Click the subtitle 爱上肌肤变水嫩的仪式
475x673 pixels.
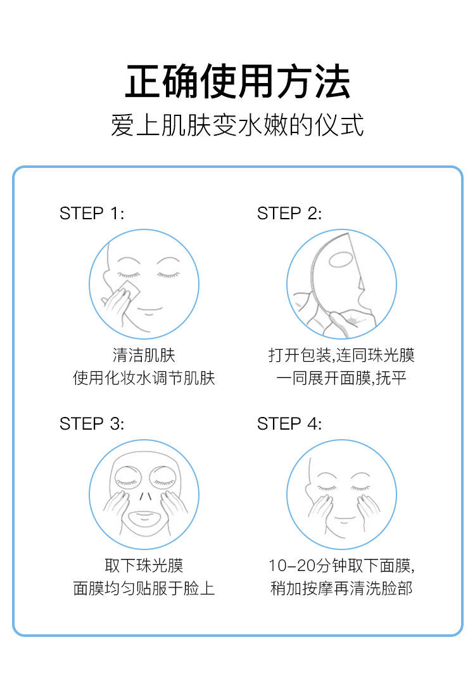point(237,125)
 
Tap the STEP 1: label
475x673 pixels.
point(92,214)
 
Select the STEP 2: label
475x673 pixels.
point(289,214)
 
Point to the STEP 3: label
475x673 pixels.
point(92,423)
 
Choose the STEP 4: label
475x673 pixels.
point(289,423)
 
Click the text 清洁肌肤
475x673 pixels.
point(144,355)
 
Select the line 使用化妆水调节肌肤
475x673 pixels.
point(144,378)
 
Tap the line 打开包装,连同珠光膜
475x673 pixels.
point(341,355)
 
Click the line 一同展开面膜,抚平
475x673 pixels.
point(341,378)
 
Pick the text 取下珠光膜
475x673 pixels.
point(144,565)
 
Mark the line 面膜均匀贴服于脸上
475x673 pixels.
point(144,588)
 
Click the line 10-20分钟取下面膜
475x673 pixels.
point(341,565)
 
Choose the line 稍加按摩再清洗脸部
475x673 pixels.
point(341,588)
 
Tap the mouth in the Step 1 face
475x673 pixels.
point(149,310)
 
